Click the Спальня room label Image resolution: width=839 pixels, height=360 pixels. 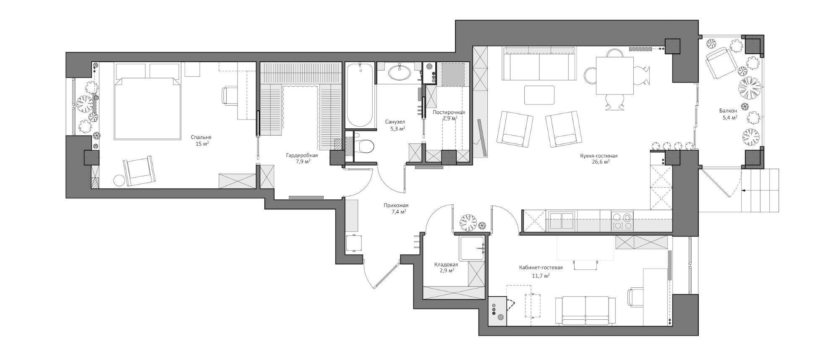(x=201, y=137)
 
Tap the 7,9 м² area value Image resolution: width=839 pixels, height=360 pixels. (x=302, y=161)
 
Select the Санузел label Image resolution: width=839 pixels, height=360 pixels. (x=395, y=122)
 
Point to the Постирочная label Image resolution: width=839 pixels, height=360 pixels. (x=449, y=112)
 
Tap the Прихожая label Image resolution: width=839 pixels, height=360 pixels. (x=396, y=206)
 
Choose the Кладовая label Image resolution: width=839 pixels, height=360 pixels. (x=446, y=265)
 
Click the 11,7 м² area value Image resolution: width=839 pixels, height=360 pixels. (x=541, y=276)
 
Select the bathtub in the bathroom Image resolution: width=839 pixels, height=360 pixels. (x=360, y=95)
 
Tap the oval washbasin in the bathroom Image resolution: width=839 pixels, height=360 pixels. (x=400, y=73)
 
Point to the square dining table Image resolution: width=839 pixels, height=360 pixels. (x=614, y=76)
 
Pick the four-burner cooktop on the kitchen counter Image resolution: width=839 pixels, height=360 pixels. (x=622, y=221)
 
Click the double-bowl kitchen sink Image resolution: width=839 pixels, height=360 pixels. (x=561, y=221)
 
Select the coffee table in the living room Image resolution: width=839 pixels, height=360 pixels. (x=539, y=95)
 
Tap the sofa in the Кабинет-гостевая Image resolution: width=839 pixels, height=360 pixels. (x=585, y=310)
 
